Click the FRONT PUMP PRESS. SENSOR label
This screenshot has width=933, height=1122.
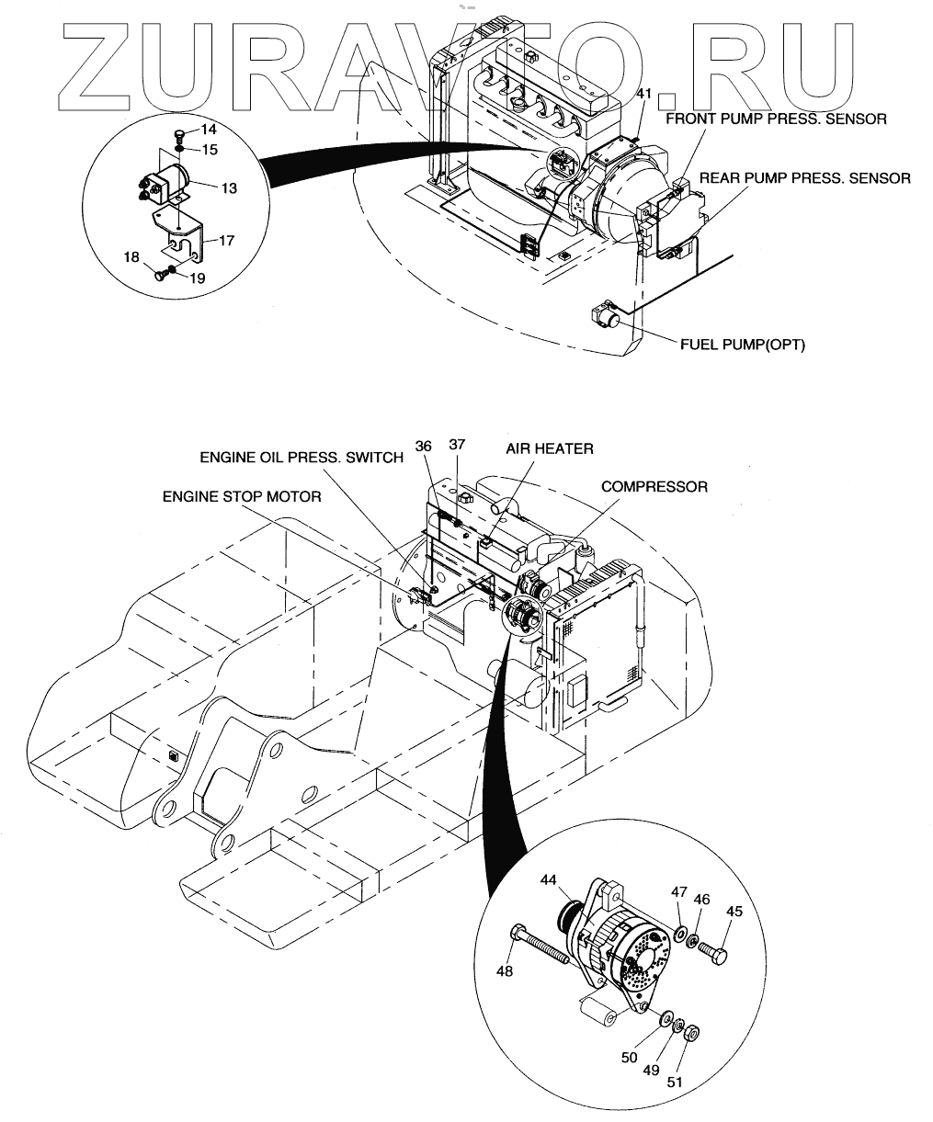[x=775, y=119]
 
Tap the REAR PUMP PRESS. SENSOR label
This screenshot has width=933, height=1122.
[x=805, y=178]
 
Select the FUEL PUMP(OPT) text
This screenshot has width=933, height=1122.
[x=741, y=345]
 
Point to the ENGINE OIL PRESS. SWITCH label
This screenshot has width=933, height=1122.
[x=302, y=458]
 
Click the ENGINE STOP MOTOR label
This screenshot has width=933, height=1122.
[x=242, y=496]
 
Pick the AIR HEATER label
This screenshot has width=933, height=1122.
[x=549, y=448]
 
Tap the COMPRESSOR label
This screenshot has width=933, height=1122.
[x=654, y=486]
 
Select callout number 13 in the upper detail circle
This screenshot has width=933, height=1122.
[x=229, y=187]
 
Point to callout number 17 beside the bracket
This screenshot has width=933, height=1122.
[x=227, y=241]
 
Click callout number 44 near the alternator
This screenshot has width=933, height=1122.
[x=549, y=879]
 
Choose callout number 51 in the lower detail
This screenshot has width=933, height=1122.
[x=675, y=1081]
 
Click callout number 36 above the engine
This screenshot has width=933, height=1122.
[x=423, y=445]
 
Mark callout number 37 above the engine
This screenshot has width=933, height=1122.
[x=457, y=445]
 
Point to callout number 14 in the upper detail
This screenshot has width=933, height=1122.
[x=209, y=130]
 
